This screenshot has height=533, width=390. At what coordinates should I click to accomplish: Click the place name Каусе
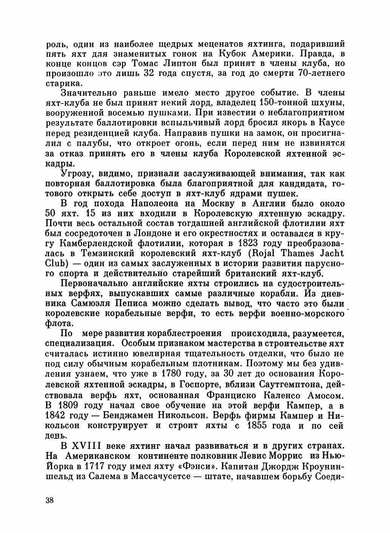click(x=329, y=123)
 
